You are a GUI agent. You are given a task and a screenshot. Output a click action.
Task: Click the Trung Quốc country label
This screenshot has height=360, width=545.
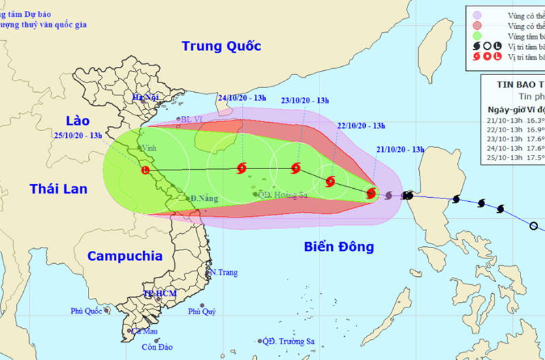click(221, 46)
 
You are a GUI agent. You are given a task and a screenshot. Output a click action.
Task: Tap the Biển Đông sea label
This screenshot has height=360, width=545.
click(339, 247)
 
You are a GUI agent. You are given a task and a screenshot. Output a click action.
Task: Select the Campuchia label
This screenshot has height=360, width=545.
click(124, 256)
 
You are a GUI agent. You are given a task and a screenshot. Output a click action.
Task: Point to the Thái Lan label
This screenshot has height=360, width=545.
click(59, 188)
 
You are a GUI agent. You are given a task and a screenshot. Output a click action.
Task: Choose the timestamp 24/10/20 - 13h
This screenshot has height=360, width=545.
click(243, 97)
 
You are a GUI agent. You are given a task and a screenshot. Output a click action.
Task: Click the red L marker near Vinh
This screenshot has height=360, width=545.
click(144, 170)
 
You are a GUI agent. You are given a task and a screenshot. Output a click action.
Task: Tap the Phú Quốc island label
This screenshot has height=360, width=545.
click(85, 311)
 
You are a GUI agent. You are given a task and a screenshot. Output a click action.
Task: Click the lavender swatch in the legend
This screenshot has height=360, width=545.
click(476, 13)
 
